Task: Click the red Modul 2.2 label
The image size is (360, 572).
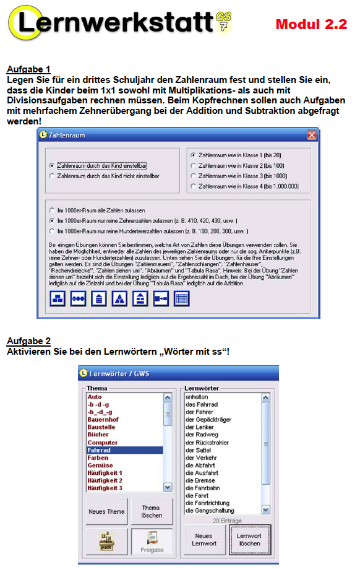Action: point(311,25)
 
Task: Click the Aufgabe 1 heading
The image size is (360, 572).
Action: point(28,69)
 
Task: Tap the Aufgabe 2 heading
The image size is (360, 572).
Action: point(28,341)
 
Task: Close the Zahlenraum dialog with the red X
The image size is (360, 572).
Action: point(312,135)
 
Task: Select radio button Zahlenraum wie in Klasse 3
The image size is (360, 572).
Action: point(194,175)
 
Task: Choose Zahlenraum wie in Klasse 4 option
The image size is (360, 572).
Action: point(194,186)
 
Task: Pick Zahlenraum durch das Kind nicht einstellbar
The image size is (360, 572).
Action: point(52,176)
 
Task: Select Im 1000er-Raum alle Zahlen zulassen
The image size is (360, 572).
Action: point(52,210)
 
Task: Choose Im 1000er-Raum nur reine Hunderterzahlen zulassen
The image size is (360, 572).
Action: point(52,231)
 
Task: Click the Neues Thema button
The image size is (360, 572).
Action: point(107,511)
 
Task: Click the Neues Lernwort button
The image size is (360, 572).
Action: point(204,540)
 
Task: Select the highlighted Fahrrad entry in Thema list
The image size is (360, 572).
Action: point(124,450)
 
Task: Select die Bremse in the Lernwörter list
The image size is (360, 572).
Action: point(200,480)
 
